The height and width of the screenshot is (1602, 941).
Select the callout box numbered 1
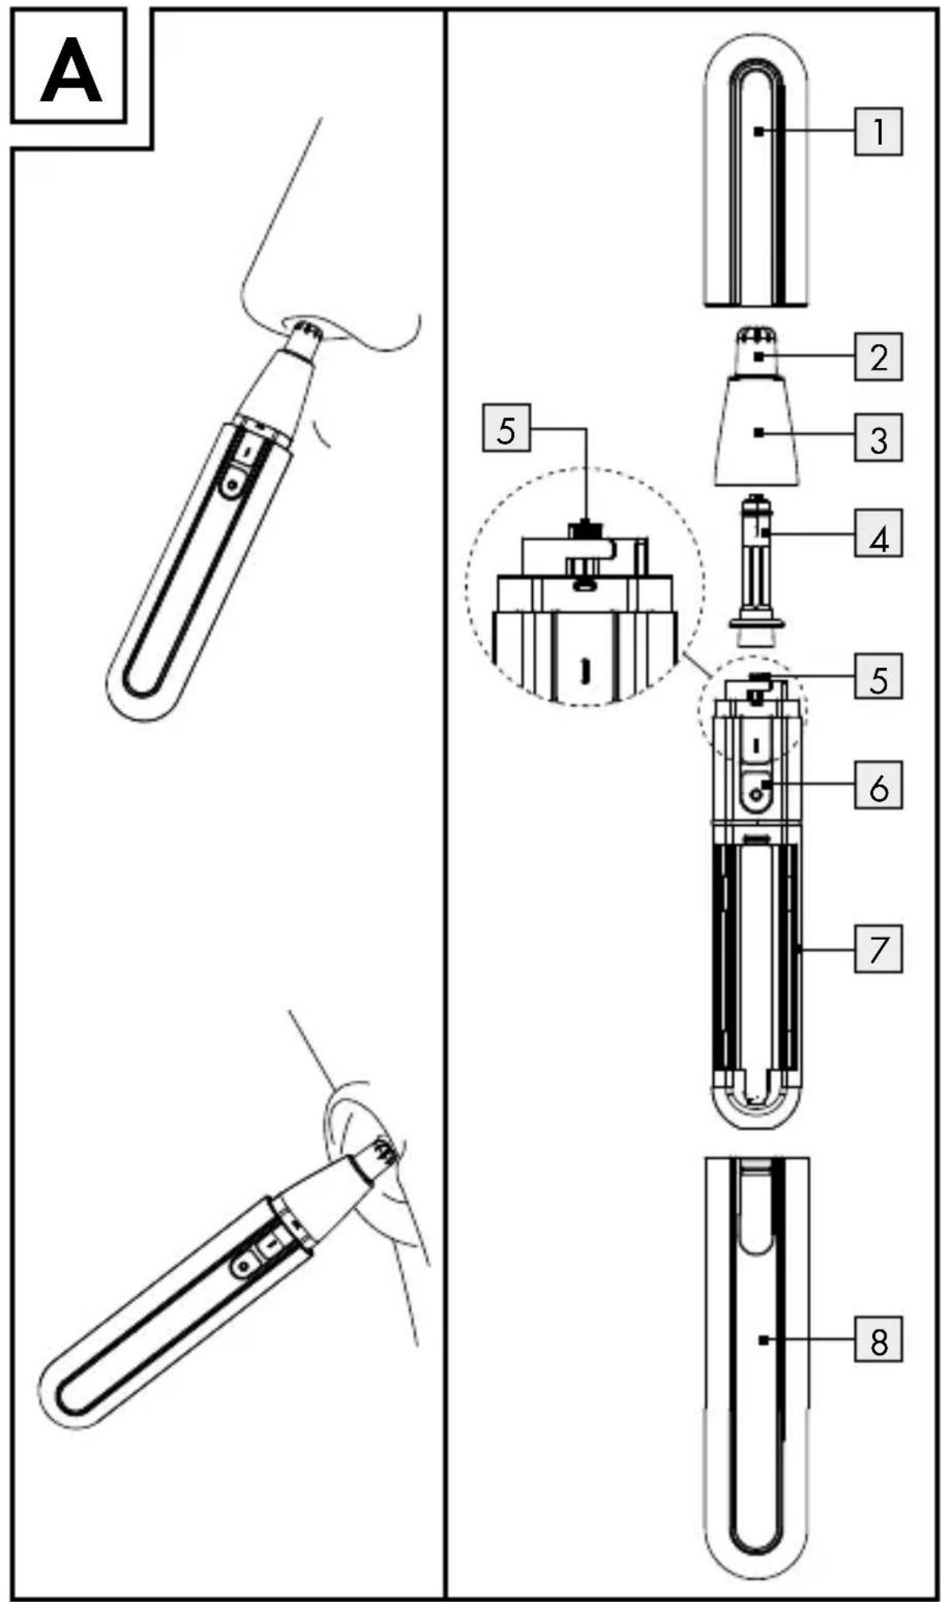tap(878, 131)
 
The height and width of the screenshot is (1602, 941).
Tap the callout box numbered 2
tap(878, 356)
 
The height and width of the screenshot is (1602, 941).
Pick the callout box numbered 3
tap(878, 438)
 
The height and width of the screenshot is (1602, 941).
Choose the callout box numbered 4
tap(878, 533)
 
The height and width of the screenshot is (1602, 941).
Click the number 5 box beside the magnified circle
tap(507, 427)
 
